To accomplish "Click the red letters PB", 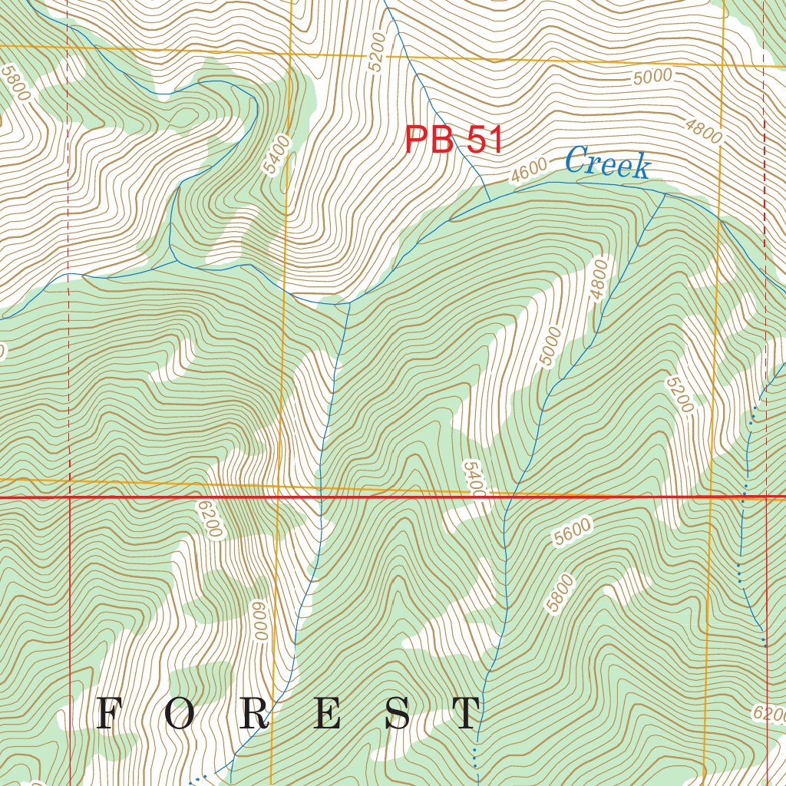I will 429,140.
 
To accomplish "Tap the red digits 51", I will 484,140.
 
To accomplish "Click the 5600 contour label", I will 571,532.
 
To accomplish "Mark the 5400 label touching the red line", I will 474,479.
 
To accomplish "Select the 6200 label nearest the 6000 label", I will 209,520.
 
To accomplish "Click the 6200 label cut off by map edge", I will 769,715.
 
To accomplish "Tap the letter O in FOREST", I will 178,714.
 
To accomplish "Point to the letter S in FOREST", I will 398,714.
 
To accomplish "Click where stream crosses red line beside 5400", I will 507,497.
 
